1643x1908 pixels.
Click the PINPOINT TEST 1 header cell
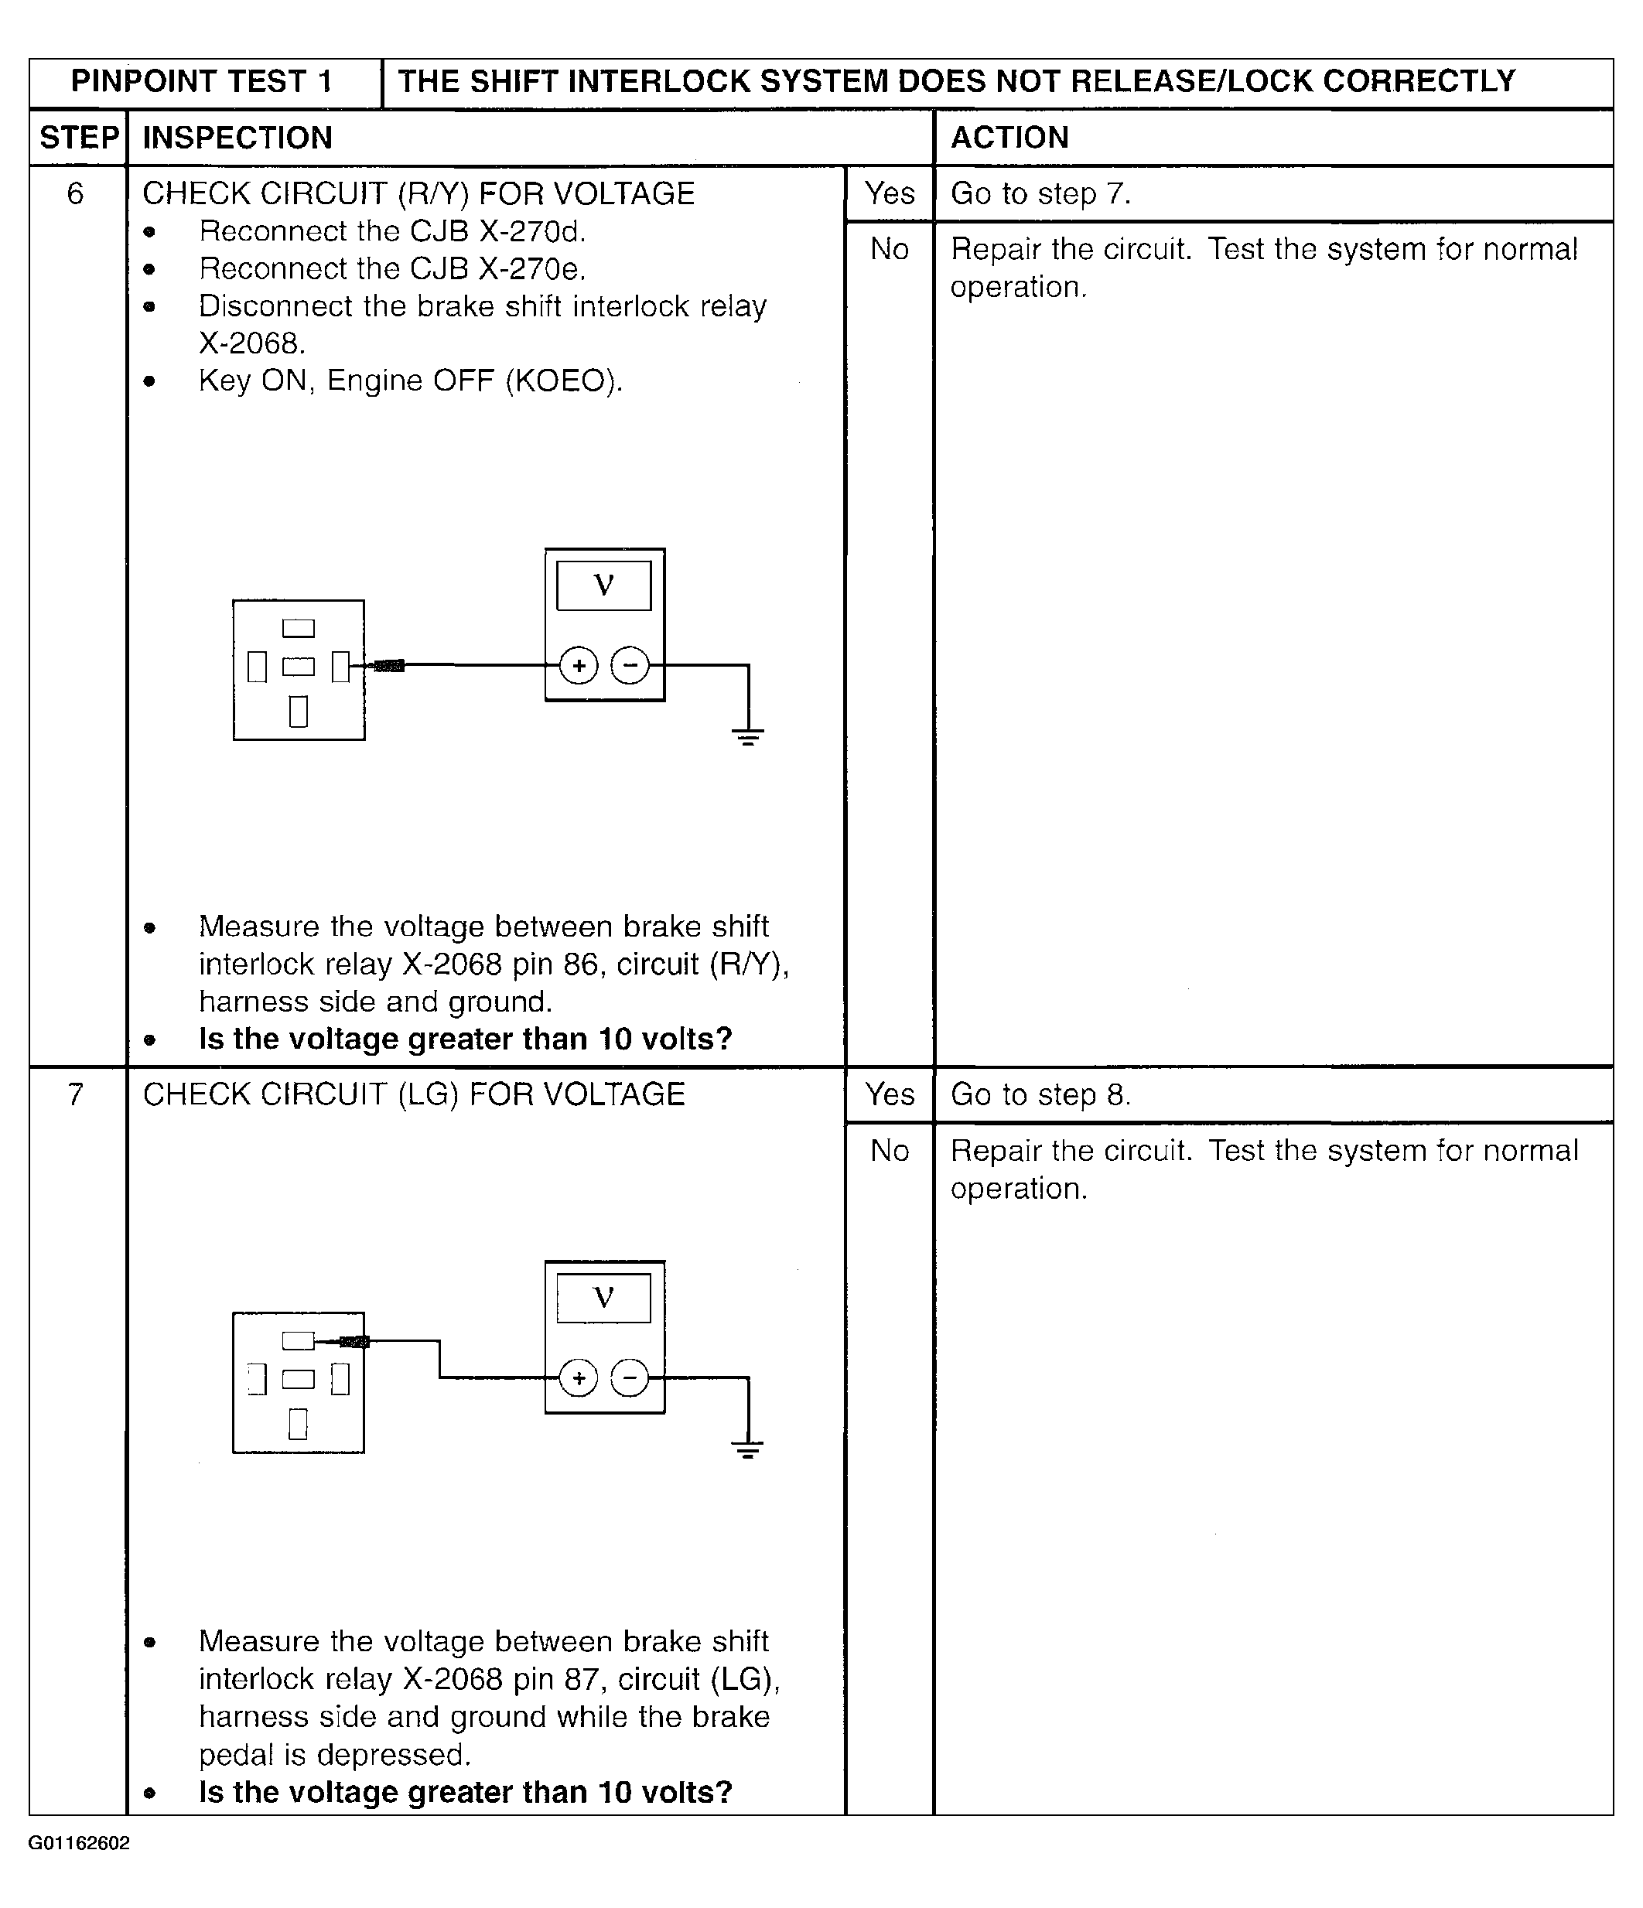pyautogui.click(x=202, y=82)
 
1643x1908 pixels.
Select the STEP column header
pyautogui.click(x=78, y=138)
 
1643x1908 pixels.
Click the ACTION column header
pyautogui.click(x=1009, y=138)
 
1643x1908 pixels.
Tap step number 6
pyautogui.click(x=76, y=193)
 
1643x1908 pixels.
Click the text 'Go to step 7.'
pyautogui.click(x=1040, y=193)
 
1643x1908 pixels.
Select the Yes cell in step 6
pyautogui.click(x=890, y=193)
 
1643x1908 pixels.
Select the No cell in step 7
pyautogui.click(x=890, y=1150)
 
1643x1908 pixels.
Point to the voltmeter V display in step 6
pyautogui.click(x=604, y=585)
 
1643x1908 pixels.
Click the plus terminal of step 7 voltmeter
pyautogui.click(x=579, y=1377)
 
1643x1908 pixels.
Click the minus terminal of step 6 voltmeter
pyautogui.click(x=630, y=665)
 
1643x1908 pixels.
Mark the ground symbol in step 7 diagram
pyautogui.click(x=748, y=1449)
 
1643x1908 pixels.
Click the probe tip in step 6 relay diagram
pyautogui.click(x=388, y=666)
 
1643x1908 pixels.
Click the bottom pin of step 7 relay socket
pyautogui.click(x=298, y=1424)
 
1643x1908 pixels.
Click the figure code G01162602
pyautogui.click(x=79, y=1842)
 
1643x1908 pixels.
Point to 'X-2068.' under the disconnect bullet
pyautogui.click(x=251, y=343)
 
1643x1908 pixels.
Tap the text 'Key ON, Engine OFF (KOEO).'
pyautogui.click(x=411, y=381)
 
